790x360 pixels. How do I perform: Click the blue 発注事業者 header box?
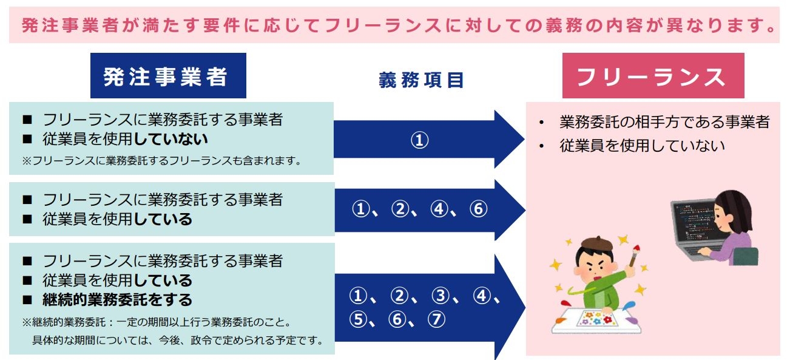[x=168, y=75]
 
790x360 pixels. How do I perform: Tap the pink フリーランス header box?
[x=653, y=75]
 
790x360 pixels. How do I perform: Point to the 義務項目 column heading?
[x=421, y=80]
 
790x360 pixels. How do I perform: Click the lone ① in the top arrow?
[x=420, y=140]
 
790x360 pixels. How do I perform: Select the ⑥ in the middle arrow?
[x=478, y=209]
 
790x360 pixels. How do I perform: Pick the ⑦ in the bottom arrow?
[x=436, y=319]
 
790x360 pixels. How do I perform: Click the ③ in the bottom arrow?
[x=441, y=296]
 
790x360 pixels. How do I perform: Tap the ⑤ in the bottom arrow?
[x=358, y=319]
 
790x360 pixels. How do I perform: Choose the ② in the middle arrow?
[x=400, y=209]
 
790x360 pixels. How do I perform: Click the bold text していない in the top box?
[x=171, y=139]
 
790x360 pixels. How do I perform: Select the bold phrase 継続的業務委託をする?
[x=117, y=300]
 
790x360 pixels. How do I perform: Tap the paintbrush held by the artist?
[x=634, y=256]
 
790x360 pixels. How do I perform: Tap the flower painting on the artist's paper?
[x=596, y=318]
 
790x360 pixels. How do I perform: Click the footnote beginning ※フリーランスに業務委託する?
[x=161, y=161]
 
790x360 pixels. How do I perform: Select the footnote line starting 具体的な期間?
[x=178, y=340]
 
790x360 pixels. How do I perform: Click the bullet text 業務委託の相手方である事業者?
[x=664, y=122]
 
